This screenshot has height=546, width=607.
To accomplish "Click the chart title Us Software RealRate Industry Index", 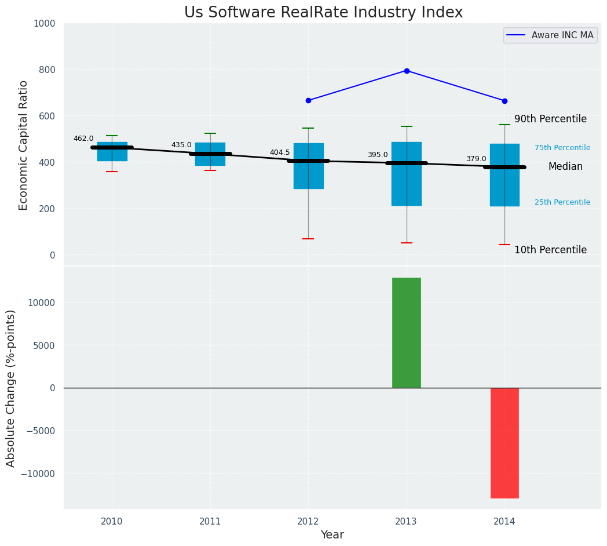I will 323,13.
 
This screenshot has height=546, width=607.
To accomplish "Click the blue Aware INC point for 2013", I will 407,71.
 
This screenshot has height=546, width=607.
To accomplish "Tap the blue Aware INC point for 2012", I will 308,100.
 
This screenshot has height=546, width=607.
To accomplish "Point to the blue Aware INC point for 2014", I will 504,101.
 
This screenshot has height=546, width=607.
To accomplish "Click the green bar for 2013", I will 407,333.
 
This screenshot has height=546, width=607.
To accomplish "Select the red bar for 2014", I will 504,443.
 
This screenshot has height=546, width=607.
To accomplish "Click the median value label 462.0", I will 83,139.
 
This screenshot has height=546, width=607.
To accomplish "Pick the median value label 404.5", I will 280,152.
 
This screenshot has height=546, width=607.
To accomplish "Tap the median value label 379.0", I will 476,159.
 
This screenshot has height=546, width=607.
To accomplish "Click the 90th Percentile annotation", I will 550,119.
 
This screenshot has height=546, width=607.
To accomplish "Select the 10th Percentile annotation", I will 550,250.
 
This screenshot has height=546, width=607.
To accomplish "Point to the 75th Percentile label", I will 562,148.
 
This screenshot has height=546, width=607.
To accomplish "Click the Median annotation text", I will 565,166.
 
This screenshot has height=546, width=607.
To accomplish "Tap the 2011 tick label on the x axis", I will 210,522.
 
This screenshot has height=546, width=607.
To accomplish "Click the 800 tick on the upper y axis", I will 48,70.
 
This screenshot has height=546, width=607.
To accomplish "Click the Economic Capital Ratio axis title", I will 24,145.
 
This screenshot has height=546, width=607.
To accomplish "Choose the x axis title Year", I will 332,535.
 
